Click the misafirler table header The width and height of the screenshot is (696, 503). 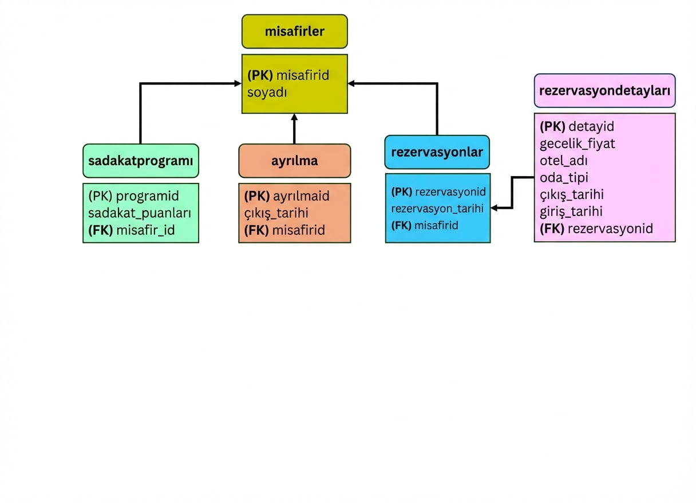click(x=294, y=31)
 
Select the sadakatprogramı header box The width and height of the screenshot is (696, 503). click(x=140, y=161)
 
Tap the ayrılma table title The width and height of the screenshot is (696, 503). click(x=294, y=161)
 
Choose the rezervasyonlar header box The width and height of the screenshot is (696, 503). click(x=437, y=152)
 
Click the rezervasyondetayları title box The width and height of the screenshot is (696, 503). click(x=604, y=90)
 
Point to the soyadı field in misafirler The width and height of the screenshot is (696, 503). click(x=267, y=92)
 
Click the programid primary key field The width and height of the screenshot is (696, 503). click(x=133, y=196)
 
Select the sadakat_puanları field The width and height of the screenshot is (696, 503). click(x=139, y=213)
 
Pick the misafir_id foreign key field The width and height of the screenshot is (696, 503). click(x=132, y=230)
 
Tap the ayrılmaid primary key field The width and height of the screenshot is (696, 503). click(x=287, y=196)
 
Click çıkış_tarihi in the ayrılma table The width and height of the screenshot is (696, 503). click(x=276, y=213)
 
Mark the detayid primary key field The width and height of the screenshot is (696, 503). click(x=577, y=126)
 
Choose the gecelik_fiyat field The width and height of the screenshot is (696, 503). click(x=577, y=143)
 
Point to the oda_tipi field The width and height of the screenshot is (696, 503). click(x=564, y=177)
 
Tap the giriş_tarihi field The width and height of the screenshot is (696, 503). click(x=571, y=211)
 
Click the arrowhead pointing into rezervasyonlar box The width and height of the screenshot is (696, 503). click(x=494, y=209)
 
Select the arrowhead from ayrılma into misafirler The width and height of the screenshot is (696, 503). click(x=294, y=117)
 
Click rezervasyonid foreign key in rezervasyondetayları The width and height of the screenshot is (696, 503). click(x=596, y=229)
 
